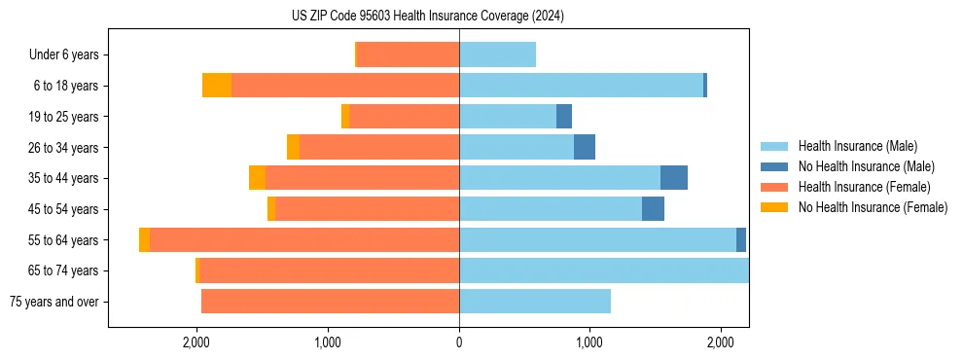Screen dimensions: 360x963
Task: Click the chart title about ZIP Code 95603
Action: tap(427, 17)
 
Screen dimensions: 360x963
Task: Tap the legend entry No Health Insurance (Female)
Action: tap(872, 207)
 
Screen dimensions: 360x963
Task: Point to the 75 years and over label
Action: tap(53, 302)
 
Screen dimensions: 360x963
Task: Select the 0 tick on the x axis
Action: tap(459, 342)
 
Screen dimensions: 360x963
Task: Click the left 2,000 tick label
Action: tap(197, 342)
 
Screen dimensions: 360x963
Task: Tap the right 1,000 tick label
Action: tap(589, 342)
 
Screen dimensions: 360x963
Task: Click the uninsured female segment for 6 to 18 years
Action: tap(217, 86)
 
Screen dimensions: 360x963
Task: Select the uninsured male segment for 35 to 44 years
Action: tap(674, 178)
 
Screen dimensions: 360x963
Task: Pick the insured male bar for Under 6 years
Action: tap(497, 55)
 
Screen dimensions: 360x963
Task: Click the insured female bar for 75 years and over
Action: tap(330, 302)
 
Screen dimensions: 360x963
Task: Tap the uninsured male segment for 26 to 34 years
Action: tap(585, 147)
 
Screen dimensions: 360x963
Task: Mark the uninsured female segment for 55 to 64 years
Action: tap(145, 240)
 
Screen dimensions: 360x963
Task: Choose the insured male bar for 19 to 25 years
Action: tap(508, 117)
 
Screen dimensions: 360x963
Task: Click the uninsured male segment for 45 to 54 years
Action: tap(653, 209)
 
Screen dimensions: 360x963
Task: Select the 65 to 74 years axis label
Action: tap(63, 270)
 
